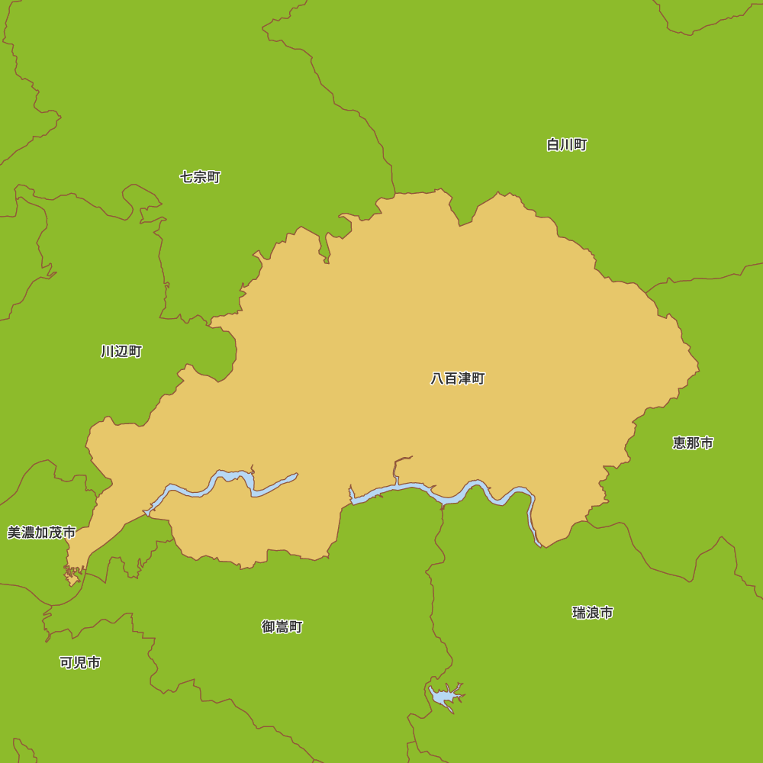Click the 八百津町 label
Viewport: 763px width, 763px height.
click(x=458, y=378)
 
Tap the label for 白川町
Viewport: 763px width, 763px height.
click(x=567, y=145)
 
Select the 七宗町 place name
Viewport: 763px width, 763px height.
click(x=200, y=177)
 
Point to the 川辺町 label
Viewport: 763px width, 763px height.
click(x=121, y=352)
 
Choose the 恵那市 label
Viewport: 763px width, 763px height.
click(x=693, y=443)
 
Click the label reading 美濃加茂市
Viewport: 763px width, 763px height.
click(x=41, y=533)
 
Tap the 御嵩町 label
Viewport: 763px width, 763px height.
click(x=282, y=627)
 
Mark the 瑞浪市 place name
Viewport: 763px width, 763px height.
click(x=593, y=613)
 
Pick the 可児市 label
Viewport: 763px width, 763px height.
click(x=80, y=663)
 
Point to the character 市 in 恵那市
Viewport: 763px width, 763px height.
click(x=707, y=443)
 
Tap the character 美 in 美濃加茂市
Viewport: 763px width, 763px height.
click(x=14, y=533)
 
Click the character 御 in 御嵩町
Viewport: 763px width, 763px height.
click(x=269, y=627)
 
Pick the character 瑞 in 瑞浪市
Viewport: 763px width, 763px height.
click(x=579, y=613)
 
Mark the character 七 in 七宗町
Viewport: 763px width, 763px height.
click(x=186, y=177)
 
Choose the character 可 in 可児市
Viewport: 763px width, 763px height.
click(x=66, y=663)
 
